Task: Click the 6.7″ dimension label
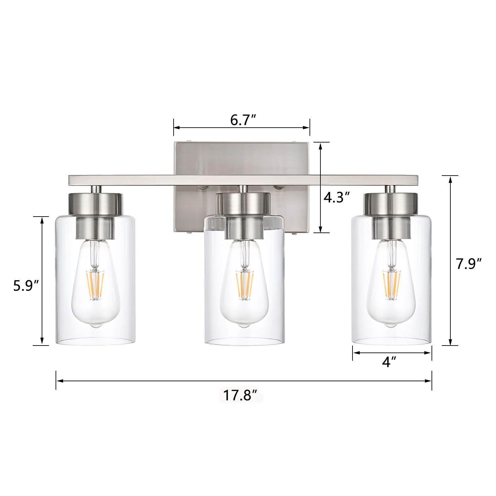(x=243, y=120)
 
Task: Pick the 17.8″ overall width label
(x=241, y=395)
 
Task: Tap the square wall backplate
(x=241, y=159)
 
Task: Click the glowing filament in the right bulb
(x=392, y=284)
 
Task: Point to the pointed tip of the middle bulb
(x=244, y=326)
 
